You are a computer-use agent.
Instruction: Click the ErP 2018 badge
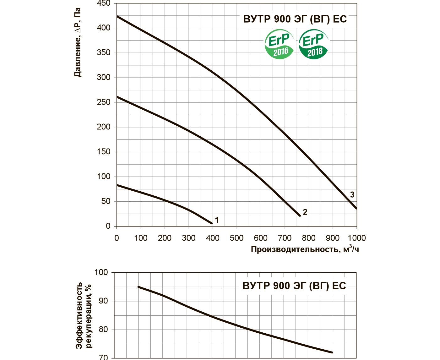[x=313, y=44]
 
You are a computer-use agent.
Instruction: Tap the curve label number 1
[x=217, y=220]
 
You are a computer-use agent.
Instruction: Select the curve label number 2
[x=305, y=212]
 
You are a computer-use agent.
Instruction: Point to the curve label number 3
[x=352, y=195]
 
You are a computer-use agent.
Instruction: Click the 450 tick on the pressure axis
[x=103, y=3]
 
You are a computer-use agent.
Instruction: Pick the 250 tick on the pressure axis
[x=103, y=102]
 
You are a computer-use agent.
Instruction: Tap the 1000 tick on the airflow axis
[x=357, y=238]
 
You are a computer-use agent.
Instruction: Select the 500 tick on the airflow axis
[x=236, y=238]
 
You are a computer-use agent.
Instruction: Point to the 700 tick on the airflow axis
[x=285, y=238]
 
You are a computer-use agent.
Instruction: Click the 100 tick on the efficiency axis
[x=101, y=272]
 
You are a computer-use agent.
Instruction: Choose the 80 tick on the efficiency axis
[x=103, y=330]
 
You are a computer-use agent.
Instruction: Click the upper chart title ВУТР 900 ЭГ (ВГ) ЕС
[x=295, y=19]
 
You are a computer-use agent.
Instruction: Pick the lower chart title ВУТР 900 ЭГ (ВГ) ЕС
[x=294, y=286]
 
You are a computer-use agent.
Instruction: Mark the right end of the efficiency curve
[x=332, y=352]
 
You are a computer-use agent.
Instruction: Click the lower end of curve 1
[x=212, y=223]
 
